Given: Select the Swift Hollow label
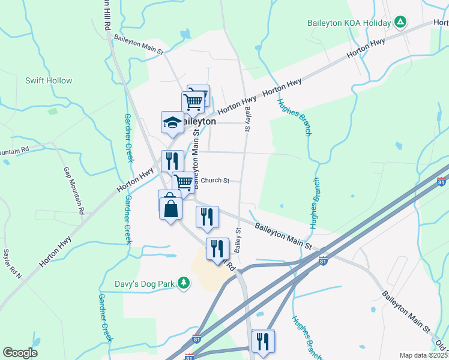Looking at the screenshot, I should pyautogui.click(x=49, y=80).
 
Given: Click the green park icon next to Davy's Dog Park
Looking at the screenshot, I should pyautogui.click(x=184, y=282).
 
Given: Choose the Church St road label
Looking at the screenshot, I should pyautogui.click(x=215, y=180).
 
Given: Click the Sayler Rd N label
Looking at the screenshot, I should pyautogui.click(x=12, y=265).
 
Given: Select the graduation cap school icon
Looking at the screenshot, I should pyautogui.click(x=172, y=122).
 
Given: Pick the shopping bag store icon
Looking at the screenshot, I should pyautogui.click(x=170, y=209).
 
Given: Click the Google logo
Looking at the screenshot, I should pyautogui.click(x=20, y=353).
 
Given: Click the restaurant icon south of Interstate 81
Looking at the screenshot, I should pyautogui.click(x=263, y=341).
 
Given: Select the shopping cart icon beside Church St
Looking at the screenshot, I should pyautogui.click(x=184, y=181).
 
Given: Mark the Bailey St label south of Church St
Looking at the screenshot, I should pyautogui.click(x=238, y=239).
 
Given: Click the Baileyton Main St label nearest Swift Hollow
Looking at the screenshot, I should pyautogui.click(x=139, y=46).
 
